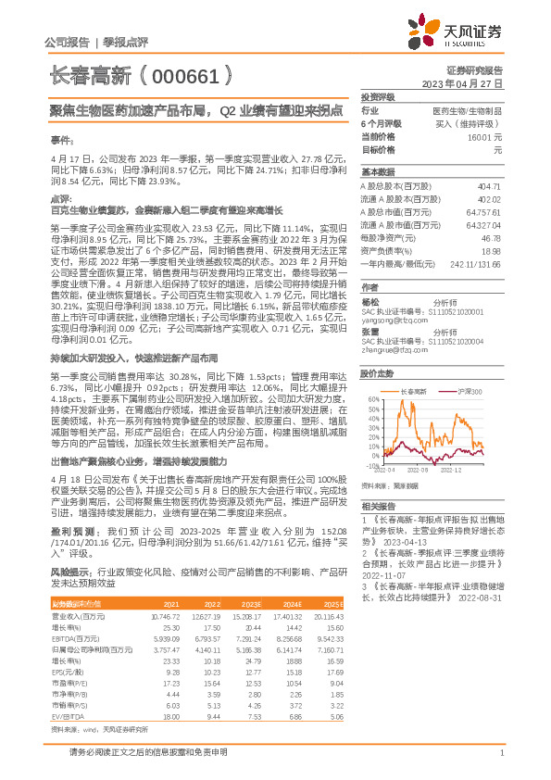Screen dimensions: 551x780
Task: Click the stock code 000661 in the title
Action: pos(185,76)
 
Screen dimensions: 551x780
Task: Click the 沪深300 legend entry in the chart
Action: pos(469,392)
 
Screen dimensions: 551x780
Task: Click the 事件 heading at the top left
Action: pos(60,139)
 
